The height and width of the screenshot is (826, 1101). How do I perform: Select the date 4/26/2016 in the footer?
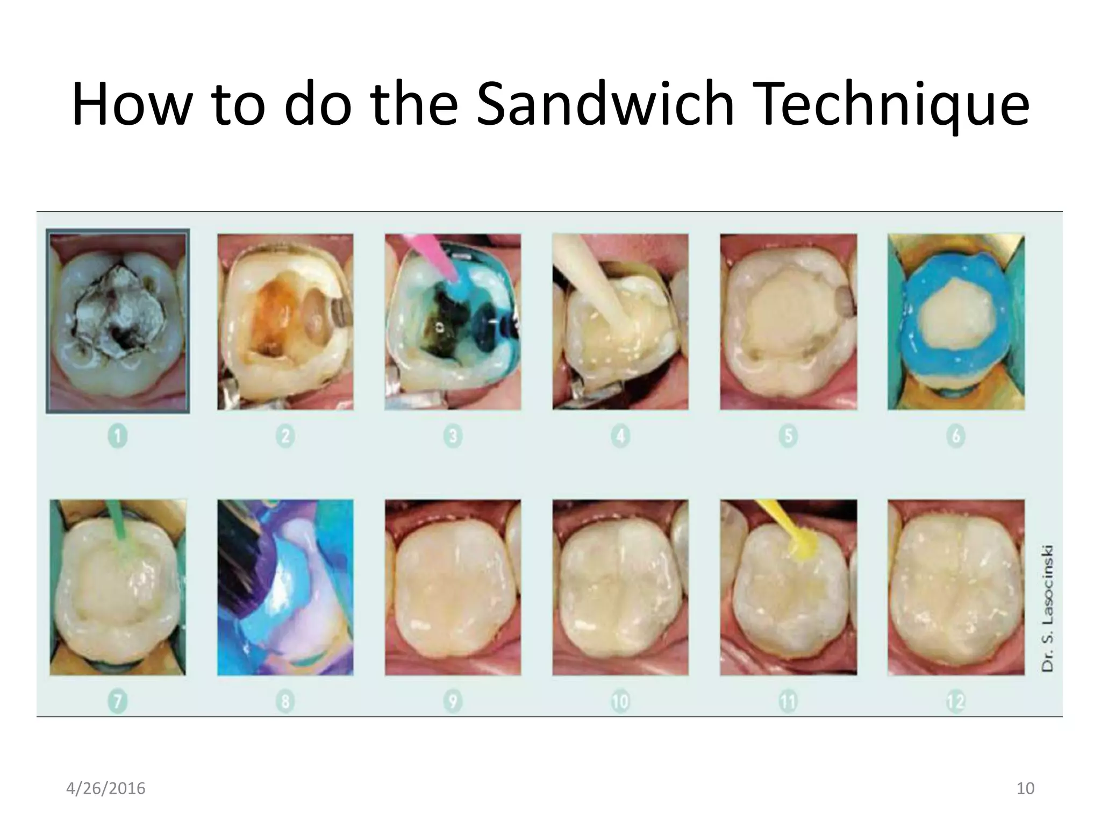coord(105,788)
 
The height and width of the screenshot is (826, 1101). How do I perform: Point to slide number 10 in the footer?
coord(1025,788)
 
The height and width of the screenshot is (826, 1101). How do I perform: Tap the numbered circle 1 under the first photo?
coord(118,436)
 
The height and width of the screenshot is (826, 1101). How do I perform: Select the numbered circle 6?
coord(956,436)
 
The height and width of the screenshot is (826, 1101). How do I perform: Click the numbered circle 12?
coord(956,702)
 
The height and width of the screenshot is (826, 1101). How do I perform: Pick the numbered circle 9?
coord(453,702)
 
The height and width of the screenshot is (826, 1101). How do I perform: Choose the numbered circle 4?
coord(620,436)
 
